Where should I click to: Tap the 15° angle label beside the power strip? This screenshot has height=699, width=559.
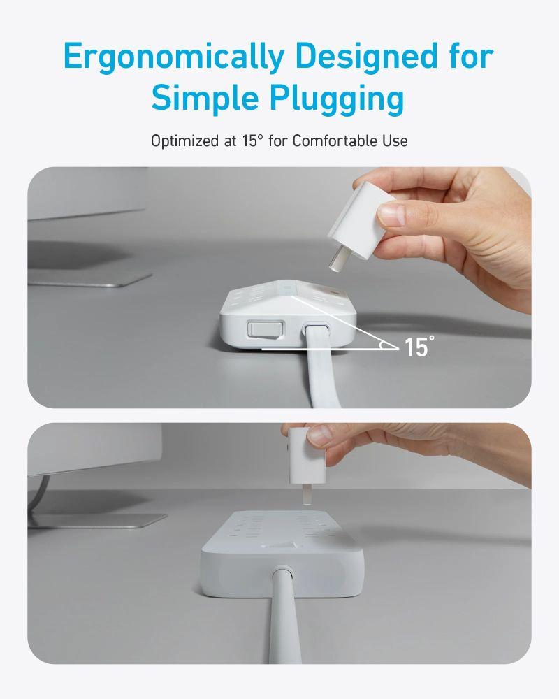pyautogui.click(x=417, y=346)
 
